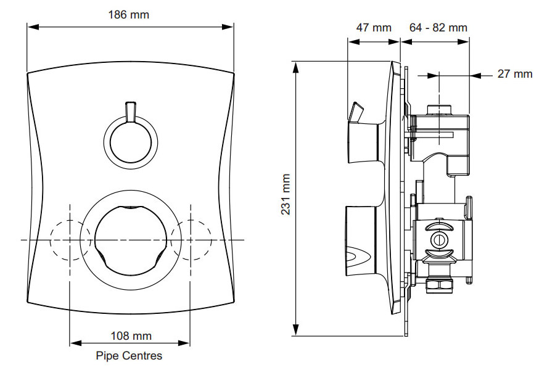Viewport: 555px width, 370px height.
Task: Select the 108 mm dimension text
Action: click(131, 336)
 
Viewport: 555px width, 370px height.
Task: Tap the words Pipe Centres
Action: click(129, 356)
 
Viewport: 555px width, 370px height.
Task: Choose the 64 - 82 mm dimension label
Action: click(438, 27)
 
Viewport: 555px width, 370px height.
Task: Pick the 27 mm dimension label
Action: click(515, 74)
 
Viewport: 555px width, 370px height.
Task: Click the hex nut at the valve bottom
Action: click(440, 285)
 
